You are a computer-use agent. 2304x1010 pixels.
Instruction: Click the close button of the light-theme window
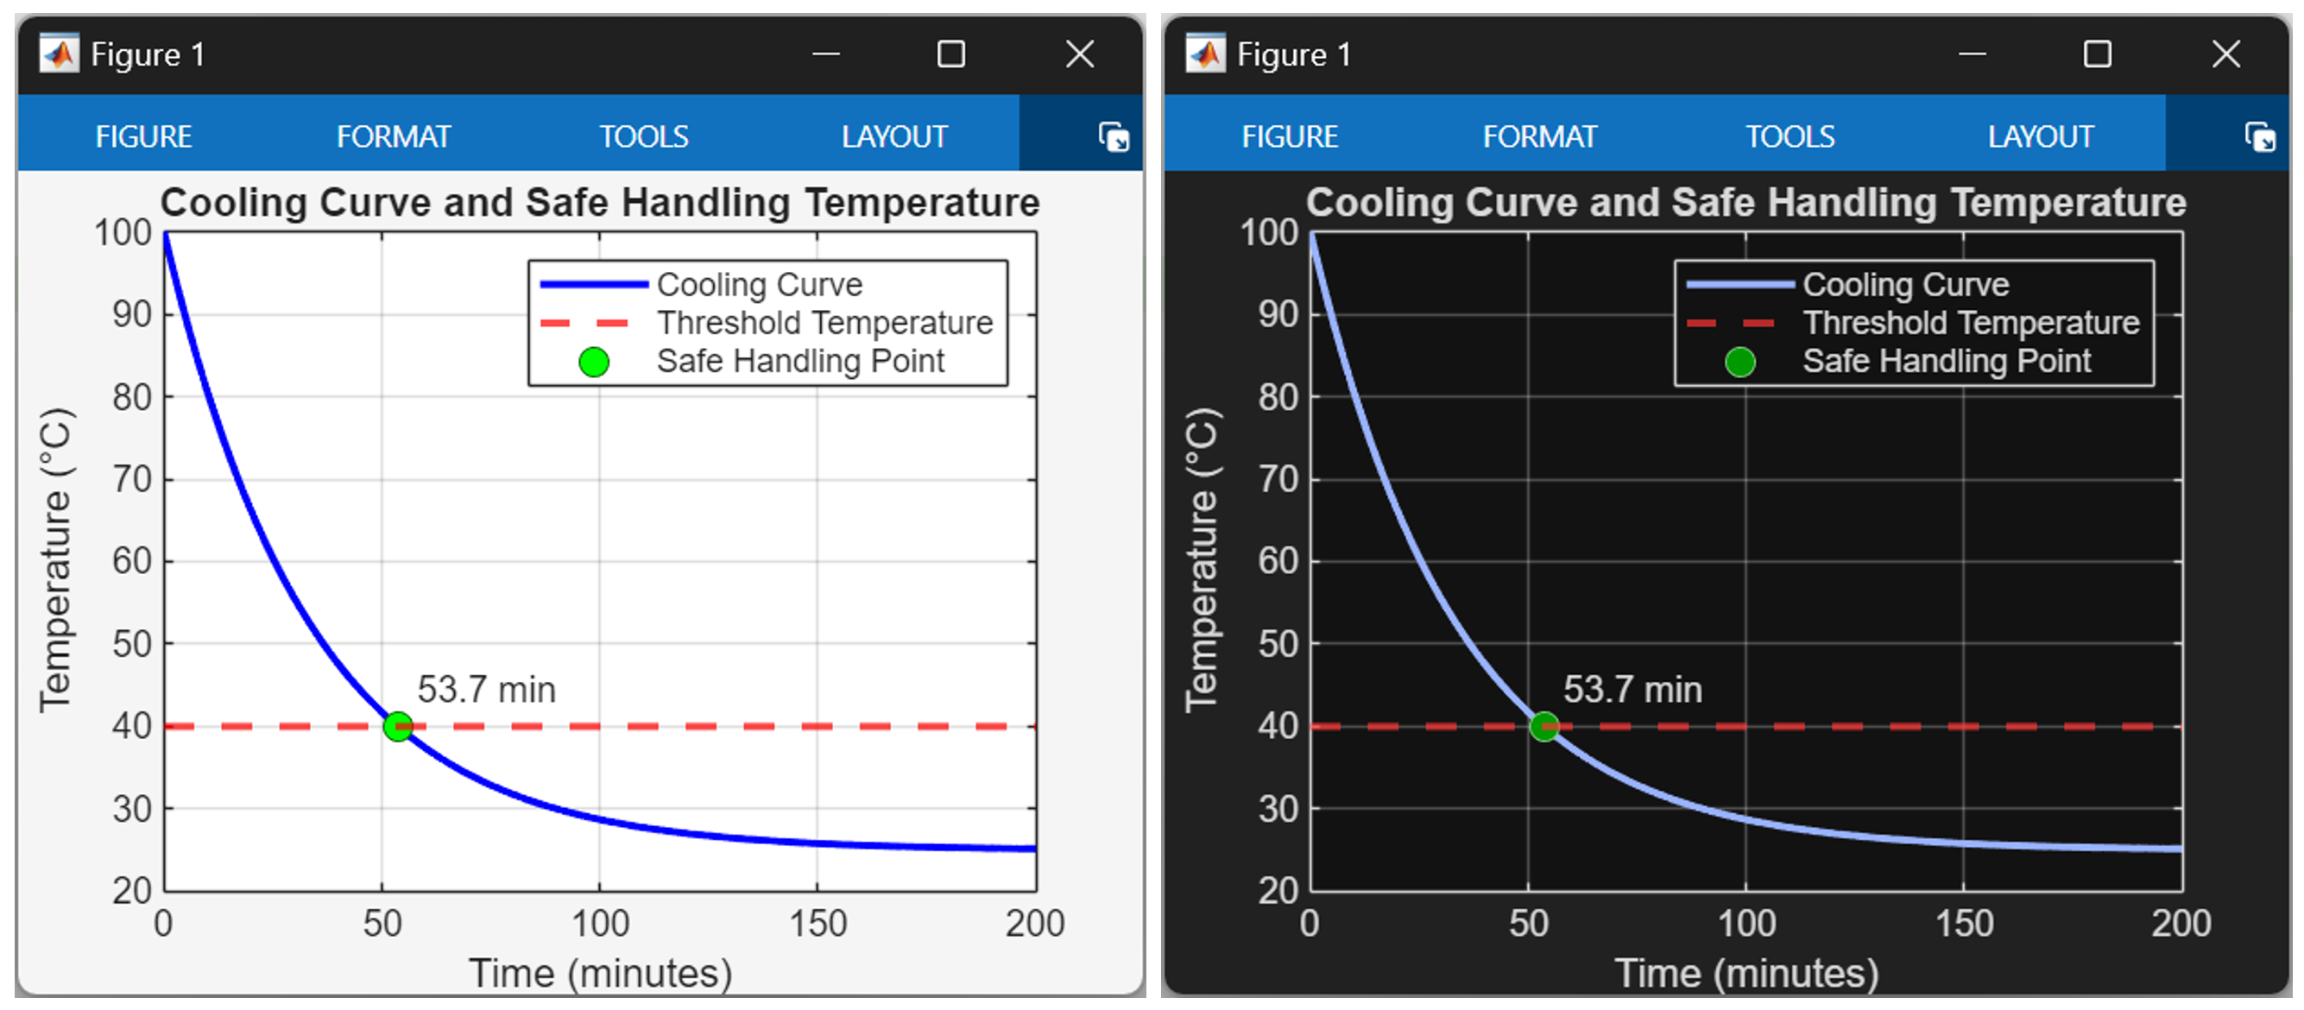(x=1080, y=54)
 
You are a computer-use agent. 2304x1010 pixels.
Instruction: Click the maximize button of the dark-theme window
(x=2097, y=54)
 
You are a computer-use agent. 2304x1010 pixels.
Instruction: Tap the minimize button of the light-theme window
(x=825, y=54)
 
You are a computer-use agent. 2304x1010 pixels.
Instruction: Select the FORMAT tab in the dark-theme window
(x=1539, y=137)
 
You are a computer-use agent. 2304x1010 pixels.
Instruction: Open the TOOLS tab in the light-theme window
(x=643, y=137)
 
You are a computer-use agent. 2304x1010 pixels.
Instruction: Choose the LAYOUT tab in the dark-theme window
(x=2040, y=137)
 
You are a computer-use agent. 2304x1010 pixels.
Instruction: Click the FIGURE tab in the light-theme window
(x=143, y=137)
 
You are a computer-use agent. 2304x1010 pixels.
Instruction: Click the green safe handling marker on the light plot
(x=398, y=726)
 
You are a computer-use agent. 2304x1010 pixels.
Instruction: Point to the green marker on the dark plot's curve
(x=1543, y=726)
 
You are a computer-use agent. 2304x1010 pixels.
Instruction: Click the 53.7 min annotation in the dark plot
(x=1632, y=690)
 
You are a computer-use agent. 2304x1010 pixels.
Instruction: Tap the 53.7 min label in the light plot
(x=486, y=690)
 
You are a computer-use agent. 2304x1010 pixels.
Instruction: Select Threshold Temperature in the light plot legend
(x=824, y=323)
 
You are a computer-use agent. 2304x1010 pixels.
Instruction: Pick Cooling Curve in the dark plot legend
(x=1905, y=285)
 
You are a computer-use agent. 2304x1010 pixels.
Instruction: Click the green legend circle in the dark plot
(x=1739, y=363)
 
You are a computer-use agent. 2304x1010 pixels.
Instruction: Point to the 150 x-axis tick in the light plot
(x=817, y=923)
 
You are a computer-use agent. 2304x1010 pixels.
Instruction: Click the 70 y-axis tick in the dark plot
(x=1278, y=479)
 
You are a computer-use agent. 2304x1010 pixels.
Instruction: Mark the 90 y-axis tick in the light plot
(x=131, y=315)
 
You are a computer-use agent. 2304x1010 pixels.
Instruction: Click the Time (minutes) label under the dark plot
(x=1745, y=974)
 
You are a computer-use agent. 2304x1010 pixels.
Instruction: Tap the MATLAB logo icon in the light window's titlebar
(x=59, y=54)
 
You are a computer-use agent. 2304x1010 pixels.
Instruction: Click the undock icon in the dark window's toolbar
(x=2259, y=138)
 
